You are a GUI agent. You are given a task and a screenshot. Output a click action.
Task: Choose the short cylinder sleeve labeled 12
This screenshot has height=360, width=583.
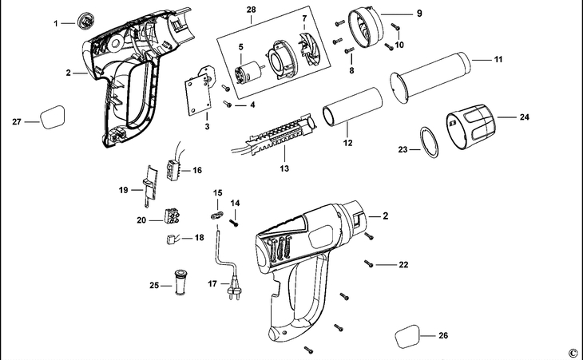351,109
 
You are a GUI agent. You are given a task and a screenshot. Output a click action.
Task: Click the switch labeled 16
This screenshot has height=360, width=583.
173,168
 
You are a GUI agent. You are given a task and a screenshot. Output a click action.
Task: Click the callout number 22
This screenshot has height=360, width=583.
403,264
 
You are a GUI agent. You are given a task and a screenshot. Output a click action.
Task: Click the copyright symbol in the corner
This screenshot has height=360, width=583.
572,352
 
